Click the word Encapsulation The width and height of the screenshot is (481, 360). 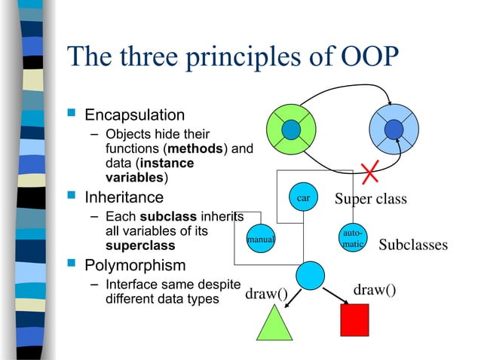[134, 115]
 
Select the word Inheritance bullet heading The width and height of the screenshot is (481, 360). [124, 198]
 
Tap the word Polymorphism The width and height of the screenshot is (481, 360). [134, 266]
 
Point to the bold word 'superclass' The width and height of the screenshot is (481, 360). [139, 246]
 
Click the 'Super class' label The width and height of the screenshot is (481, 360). [370, 199]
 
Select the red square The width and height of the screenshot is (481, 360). [354, 320]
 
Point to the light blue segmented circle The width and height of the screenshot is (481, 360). [394, 130]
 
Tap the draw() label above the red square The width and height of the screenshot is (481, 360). [375, 289]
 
